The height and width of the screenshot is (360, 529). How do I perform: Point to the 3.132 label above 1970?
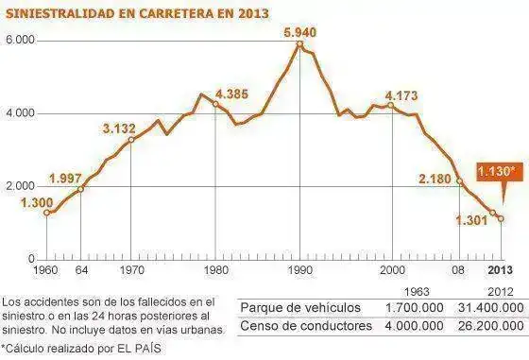121,129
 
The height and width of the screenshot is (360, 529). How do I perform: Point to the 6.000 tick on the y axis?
20,41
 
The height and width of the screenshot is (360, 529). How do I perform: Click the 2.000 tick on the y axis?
20,186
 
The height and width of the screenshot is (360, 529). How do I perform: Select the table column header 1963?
418,291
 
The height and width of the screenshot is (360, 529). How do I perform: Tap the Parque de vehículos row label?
299,308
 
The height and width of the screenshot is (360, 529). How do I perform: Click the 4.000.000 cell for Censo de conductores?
413,327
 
